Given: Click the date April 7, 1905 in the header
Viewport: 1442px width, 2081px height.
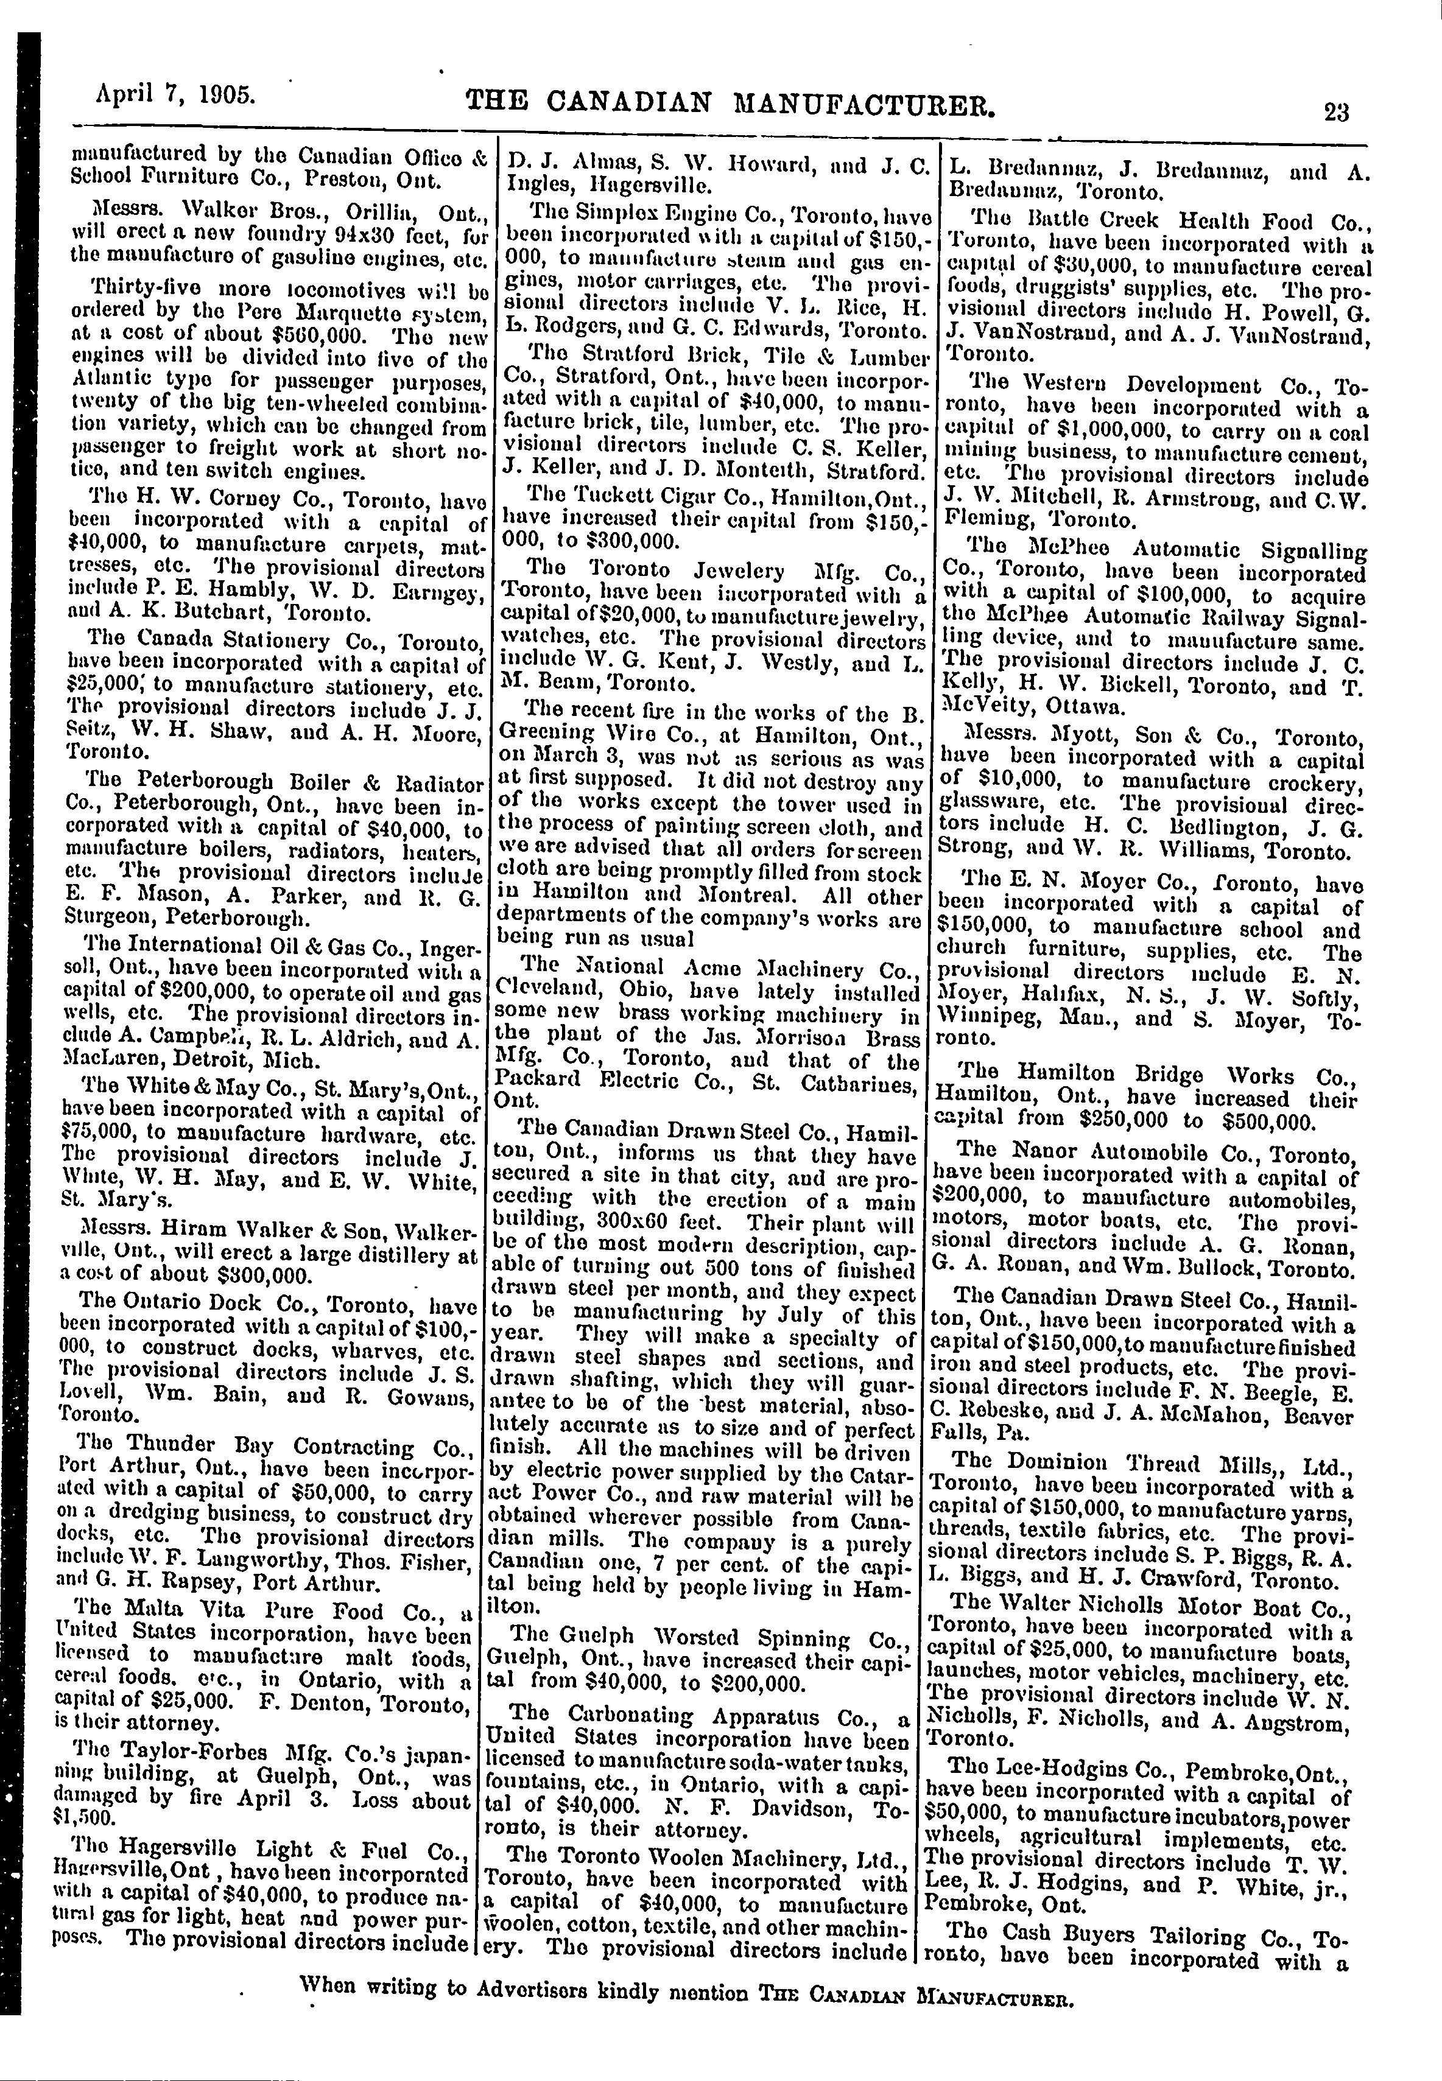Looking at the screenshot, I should pos(176,95).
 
